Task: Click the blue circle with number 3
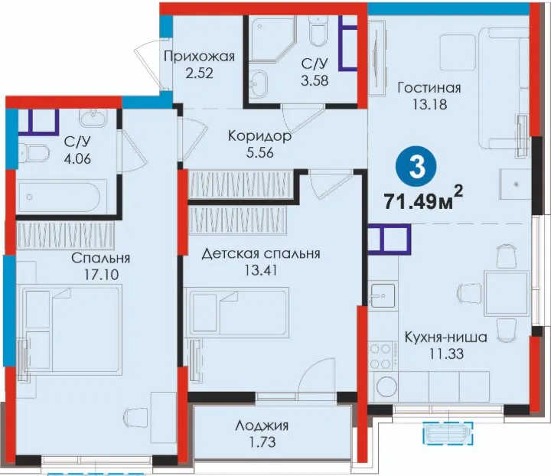pyautogui.click(x=417, y=168)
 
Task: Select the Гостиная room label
pyautogui.click(x=429, y=87)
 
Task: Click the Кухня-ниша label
pyautogui.click(x=446, y=337)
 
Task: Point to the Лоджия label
pyautogui.click(x=262, y=425)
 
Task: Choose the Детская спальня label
pyautogui.click(x=261, y=253)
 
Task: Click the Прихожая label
pyautogui.click(x=199, y=57)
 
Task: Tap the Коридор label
pyautogui.click(x=259, y=136)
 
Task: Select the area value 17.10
pyautogui.click(x=102, y=275)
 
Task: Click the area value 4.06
pyautogui.click(x=77, y=158)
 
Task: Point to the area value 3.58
pyautogui.click(x=315, y=80)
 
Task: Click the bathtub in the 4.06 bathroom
pyautogui.click(x=62, y=197)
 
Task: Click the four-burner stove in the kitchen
pyautogui.click(x=383, y=356)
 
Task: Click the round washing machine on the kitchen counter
pyautogui.click(x=386, y=386)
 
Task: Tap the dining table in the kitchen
pyautogui.click(x=507, y=293)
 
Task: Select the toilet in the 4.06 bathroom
pyautogui.click(x=33, y=153)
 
